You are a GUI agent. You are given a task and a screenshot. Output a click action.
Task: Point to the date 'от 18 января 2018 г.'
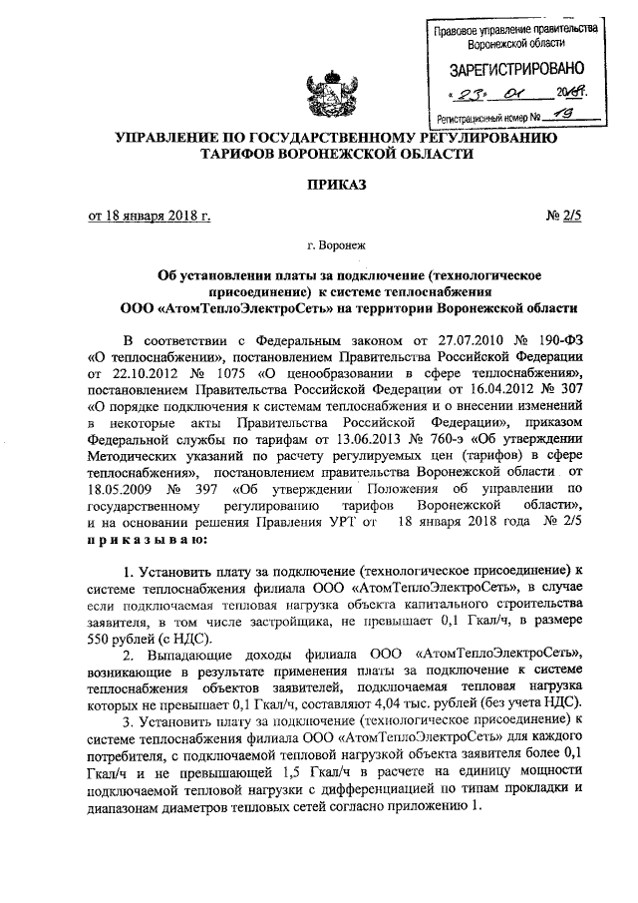click(x=150, y=215)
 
